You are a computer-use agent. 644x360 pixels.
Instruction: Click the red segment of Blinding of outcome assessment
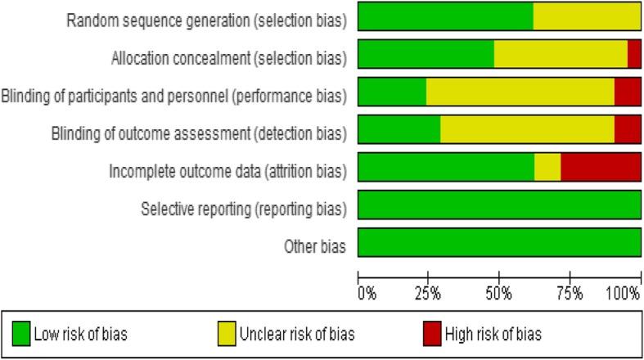[x=628, y=129]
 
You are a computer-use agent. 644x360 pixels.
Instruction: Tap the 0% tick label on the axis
[x=367, y=292]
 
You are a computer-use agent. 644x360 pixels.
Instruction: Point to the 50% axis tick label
[x=500, y=292]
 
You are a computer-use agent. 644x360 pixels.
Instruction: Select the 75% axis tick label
[x=570, y=292]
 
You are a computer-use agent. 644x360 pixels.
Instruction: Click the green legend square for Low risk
[x=21, y=334]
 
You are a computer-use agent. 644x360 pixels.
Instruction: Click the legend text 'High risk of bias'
[x=493, y=334]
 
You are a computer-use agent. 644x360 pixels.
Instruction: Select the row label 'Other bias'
[x=314, y=246]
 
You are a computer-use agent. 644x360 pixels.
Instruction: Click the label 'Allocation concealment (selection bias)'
[x=228, y=58]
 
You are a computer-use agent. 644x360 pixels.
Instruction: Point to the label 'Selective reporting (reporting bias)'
[x=244, y=209]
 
